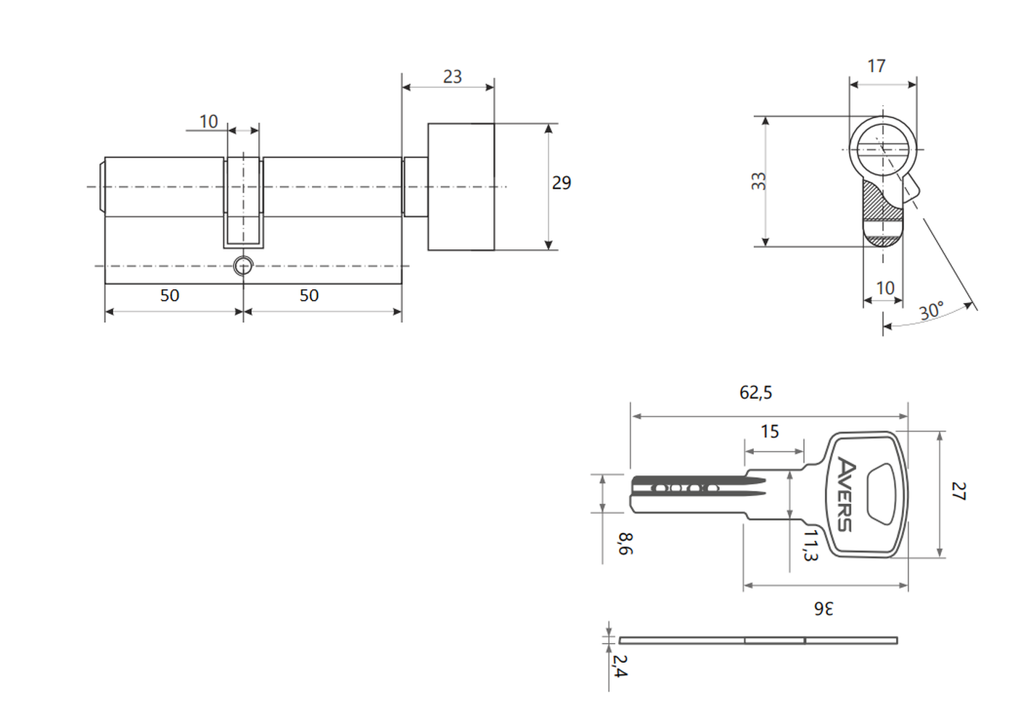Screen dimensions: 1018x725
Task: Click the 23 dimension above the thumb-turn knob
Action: pos(452,76)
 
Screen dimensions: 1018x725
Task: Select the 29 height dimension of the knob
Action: pos(562,183)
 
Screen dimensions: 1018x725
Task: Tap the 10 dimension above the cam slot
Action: pos(208,121)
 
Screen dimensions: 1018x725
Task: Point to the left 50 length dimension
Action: pos(170,295)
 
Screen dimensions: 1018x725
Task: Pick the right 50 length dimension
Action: pos(309,295)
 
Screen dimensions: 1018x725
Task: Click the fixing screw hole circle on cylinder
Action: pos(243,266)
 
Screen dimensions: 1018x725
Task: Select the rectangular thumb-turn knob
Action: pos(461,186)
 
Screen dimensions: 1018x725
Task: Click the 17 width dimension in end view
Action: pos(877,66)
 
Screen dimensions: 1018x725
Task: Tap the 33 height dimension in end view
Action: pos(758,181)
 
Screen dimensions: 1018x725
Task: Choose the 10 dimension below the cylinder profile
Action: pos(884,288)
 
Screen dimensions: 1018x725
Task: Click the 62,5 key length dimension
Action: pos(755,392)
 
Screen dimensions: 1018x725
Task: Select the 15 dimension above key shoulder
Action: pos(769,431)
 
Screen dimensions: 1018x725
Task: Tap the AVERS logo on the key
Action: pos(846,494)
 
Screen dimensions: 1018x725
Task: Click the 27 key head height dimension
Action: pos(959,492)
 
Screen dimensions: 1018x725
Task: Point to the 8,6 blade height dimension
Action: pos(625,544)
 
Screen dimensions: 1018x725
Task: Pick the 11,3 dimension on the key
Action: pos(810,545)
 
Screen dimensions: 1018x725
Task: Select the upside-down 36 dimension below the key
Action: pos(824,608)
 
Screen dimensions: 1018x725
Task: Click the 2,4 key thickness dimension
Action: pos(620,666)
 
